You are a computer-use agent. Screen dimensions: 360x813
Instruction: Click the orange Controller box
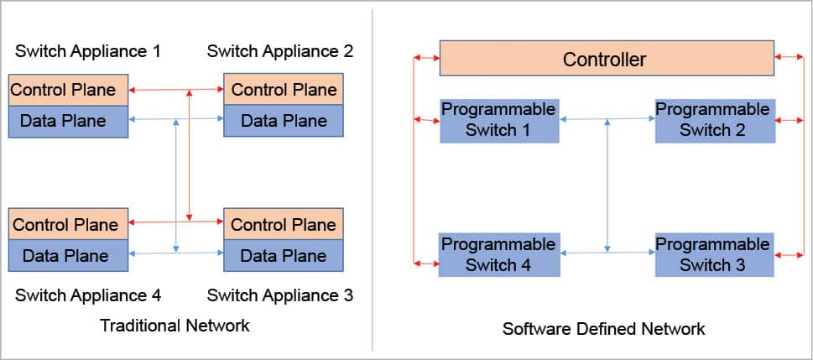(x=606, y=59)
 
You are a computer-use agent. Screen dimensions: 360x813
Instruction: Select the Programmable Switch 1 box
(x=499, y=120)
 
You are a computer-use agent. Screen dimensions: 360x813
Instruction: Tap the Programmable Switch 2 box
(x=713, y=120)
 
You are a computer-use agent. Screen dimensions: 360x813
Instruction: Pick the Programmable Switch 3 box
(x=713, y=254)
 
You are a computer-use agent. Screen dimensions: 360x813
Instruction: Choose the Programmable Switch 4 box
(x=499, y=254)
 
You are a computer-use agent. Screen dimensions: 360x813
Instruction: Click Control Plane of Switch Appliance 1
(x=69, y=90)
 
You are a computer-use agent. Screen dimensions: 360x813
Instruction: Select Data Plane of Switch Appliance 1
(x=69, y=121)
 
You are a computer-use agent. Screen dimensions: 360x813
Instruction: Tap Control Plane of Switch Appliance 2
(x=283, y=90)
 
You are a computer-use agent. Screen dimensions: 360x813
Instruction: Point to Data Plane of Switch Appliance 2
(x=283, y=121)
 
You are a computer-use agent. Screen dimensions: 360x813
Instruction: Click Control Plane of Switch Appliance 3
(x=283, y=224)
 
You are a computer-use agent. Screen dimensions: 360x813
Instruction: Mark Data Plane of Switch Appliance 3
(x=283, y=255)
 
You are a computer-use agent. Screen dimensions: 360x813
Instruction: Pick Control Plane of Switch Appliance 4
(x=69, y=224)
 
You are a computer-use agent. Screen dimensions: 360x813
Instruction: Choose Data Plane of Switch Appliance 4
(x=69, y=255)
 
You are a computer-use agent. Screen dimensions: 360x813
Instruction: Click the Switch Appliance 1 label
(x=88, y=51)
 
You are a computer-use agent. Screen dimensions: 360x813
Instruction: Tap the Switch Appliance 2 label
(x=280, y=51)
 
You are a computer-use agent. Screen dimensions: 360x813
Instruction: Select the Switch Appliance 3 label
(x=280, y=295)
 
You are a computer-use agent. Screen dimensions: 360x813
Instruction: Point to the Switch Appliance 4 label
(x=88, y=295)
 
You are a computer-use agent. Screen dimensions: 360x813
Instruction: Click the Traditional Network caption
(x=175, y=326)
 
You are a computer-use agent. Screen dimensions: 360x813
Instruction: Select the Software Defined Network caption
(x=603, y=329)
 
